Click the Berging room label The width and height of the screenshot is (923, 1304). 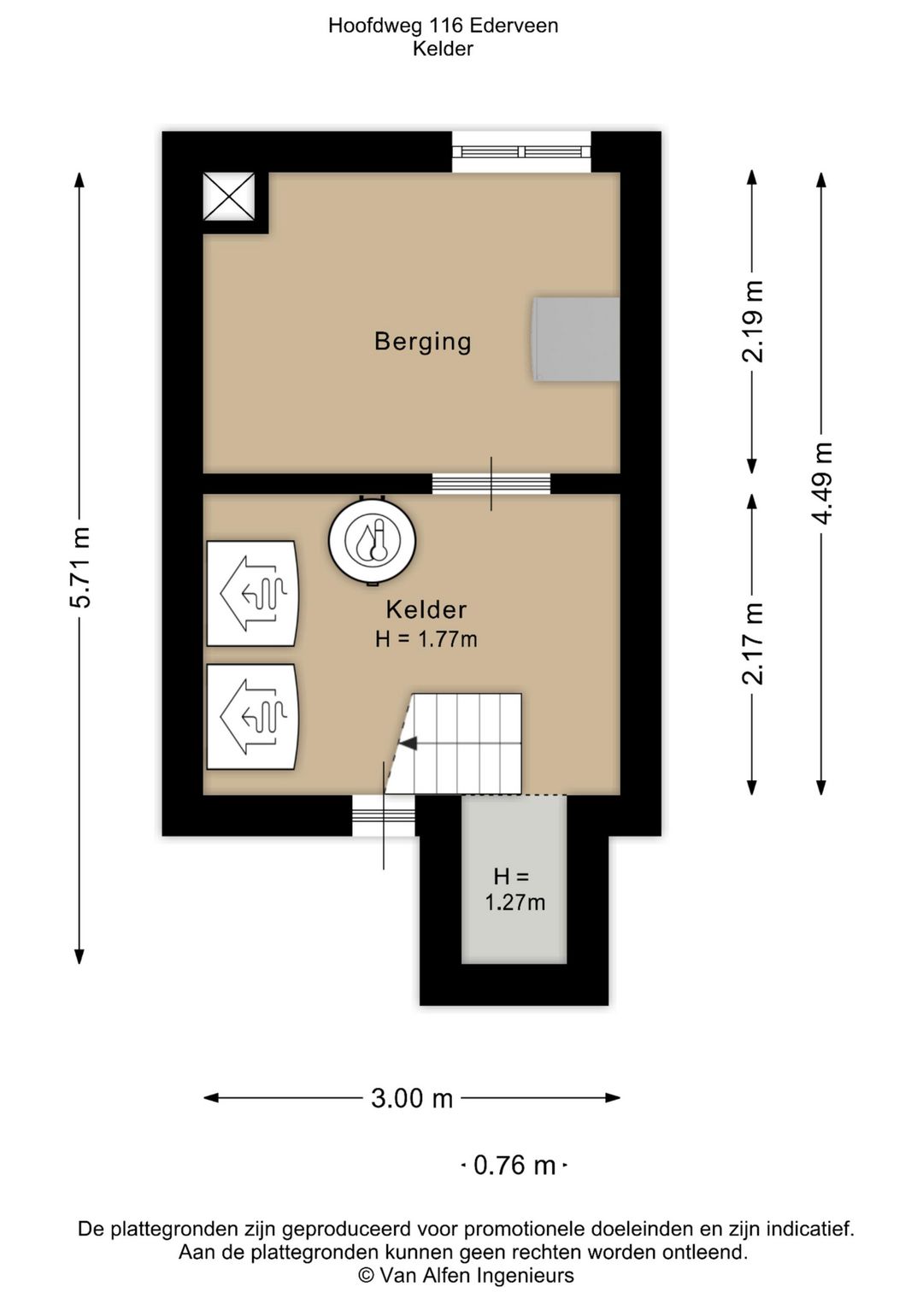coord(422,342)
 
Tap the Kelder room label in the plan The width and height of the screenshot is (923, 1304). coord(426,610)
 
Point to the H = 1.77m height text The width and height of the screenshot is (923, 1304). coord(426,639)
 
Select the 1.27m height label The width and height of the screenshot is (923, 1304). coord(515,902)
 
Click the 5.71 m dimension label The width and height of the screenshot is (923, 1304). coord(79,567)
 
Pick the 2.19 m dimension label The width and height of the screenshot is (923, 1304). coord(752,321)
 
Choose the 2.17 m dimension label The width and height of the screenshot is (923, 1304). coord(752,643)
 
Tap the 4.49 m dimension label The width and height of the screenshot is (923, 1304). coord(821,483)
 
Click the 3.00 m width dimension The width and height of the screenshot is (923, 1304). coord(412,1099)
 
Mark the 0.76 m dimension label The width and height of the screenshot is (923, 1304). coord(514,1166)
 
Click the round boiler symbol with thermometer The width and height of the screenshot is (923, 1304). coord(373,540)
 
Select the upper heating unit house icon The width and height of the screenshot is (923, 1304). coord(253,593)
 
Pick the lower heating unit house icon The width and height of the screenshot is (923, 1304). coord(253,717)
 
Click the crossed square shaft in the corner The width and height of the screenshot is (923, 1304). coord(229,197)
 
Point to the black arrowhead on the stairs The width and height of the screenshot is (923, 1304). coord(409,743)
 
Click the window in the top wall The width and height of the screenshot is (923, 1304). coord(522,152)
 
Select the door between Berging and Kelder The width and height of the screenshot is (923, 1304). coord(491,484)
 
